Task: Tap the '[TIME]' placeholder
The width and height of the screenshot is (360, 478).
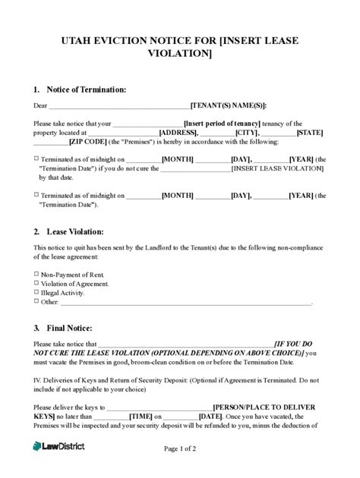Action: coord(141,417)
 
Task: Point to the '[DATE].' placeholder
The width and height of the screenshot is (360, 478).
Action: coord(210,417)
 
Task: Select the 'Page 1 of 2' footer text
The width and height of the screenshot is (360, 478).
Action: coord(180,448)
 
